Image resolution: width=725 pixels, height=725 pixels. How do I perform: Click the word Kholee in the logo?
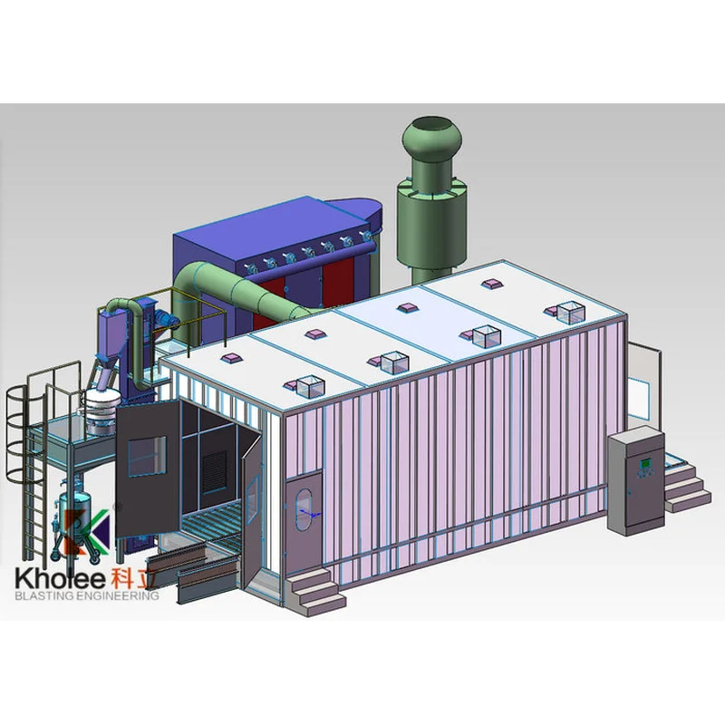[60, 579]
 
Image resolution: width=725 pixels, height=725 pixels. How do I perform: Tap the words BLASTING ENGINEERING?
[87, 595]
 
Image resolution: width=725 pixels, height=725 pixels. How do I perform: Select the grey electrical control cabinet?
[636, 481]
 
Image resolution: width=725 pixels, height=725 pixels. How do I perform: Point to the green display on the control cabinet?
[645, 462]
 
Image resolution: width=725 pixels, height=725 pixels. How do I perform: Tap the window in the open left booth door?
[147, 457]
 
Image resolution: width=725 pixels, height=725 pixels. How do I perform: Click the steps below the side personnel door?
[314, 592]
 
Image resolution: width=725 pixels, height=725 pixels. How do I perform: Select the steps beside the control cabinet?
[687, 488]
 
